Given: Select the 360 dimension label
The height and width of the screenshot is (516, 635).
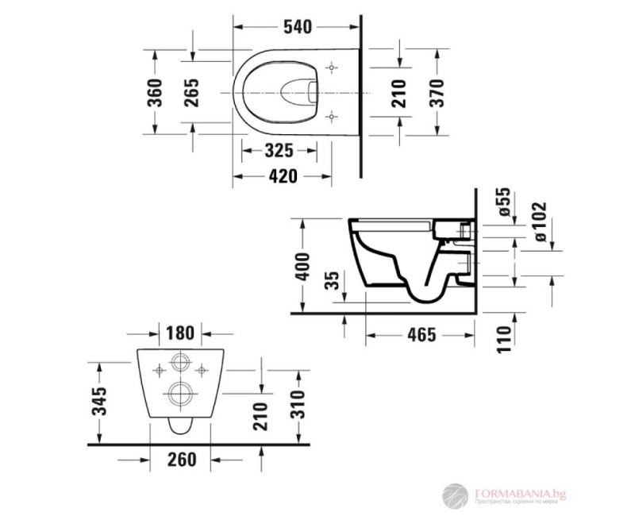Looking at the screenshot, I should (x=156, y=92).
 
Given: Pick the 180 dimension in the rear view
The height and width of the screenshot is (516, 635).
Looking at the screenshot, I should (x=180, y=330).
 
